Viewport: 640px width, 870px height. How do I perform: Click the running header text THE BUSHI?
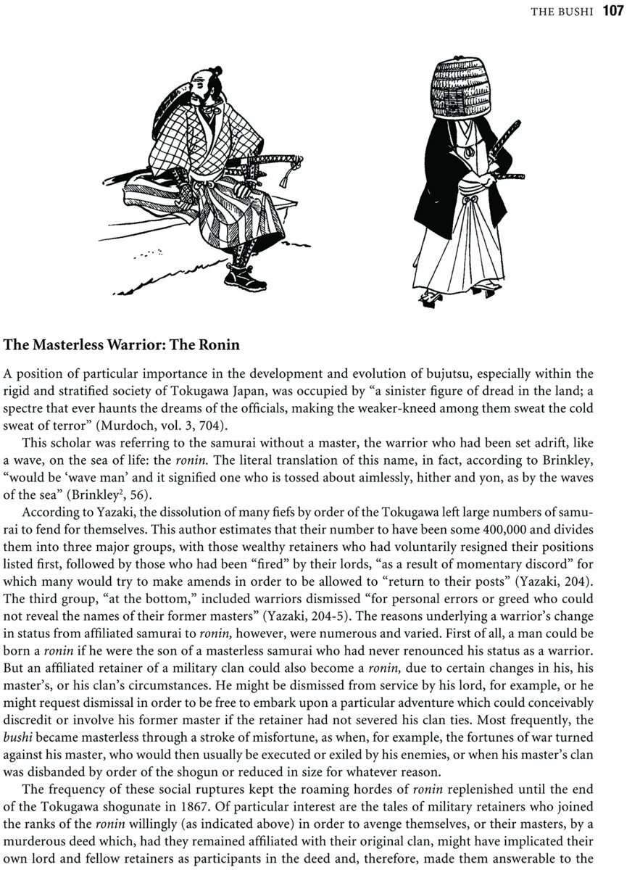click(563, 12)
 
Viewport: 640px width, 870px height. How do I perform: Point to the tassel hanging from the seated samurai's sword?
click(294, 175)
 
